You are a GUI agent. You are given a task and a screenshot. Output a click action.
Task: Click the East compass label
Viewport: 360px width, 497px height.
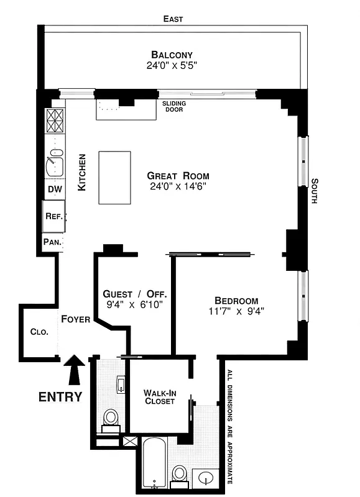[x=173, y=19]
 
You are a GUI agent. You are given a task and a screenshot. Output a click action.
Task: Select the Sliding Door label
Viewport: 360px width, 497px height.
[x=175, y=107]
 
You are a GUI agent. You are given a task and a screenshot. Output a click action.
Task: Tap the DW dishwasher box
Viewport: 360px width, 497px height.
[x=53, y=189]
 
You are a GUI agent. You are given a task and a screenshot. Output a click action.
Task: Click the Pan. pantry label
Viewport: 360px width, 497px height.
[x=52, y=242]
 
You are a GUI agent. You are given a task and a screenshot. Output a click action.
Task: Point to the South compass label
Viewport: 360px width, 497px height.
[x=315, y=191]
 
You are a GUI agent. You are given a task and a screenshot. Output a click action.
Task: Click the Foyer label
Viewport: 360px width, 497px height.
[x=76, y=319]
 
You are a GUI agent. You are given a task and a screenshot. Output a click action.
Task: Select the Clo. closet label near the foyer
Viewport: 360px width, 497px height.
[x=39, y=332]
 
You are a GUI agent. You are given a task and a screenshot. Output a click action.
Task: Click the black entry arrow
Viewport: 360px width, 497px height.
[x=75, y=370]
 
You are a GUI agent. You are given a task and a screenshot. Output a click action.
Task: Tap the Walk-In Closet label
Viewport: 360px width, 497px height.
[x=159, y=397]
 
